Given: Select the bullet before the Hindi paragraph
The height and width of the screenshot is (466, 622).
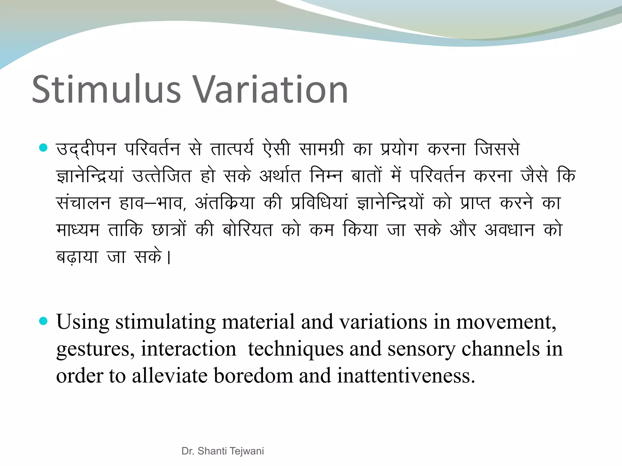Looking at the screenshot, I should (44, 148).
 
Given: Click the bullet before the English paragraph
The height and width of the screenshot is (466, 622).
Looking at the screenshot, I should (44, 321).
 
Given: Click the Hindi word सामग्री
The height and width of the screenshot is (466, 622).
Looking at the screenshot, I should (321, 149).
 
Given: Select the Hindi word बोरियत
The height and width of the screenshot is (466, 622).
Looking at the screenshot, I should (248, 230).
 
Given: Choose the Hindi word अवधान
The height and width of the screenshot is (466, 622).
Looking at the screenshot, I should (509, 230).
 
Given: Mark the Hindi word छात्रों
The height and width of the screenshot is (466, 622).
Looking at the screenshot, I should (169, 230).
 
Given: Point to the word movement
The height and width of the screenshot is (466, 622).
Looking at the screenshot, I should (506, 322).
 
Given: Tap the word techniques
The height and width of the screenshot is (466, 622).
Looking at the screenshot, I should (295, 349).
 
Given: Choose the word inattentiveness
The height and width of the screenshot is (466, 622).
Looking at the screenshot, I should (406, 376).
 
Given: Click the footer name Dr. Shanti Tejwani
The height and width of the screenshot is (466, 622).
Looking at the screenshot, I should (223, 451).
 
